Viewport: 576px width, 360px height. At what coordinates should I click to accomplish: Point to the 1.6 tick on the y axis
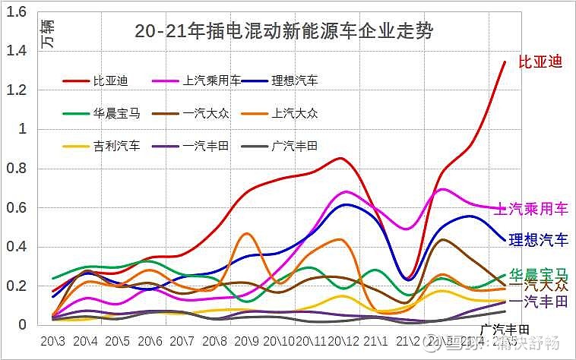pos(16,11)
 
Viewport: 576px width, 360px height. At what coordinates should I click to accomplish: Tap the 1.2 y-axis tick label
pos(16,90)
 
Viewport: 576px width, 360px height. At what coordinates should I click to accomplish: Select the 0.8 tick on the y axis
pos(16,169)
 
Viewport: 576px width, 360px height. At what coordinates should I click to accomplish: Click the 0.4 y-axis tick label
pos(16,247)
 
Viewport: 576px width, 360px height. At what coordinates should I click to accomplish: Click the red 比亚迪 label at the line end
pos(540,62)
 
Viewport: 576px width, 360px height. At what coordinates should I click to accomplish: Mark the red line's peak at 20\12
pos(341,158)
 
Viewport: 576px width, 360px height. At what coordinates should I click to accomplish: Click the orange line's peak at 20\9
pos(245,233)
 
